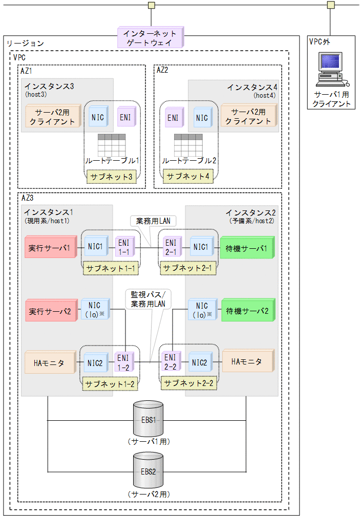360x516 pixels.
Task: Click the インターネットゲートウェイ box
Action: click(x=150, y=38)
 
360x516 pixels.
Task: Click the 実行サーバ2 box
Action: click(x=50, y=310)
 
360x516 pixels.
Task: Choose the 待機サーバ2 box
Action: click(x=247, y=310)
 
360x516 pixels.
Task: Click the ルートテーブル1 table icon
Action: click(x=112, y=144)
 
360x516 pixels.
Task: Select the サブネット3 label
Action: click(x=112, y=177)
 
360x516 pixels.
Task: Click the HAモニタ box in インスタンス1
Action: click(x=49, y=362)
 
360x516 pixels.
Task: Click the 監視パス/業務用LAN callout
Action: click(x=149, y=300)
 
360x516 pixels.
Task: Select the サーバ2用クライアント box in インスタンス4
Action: click(x=248, y=116)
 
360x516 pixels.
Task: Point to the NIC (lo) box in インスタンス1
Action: click(x=95, y=310)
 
